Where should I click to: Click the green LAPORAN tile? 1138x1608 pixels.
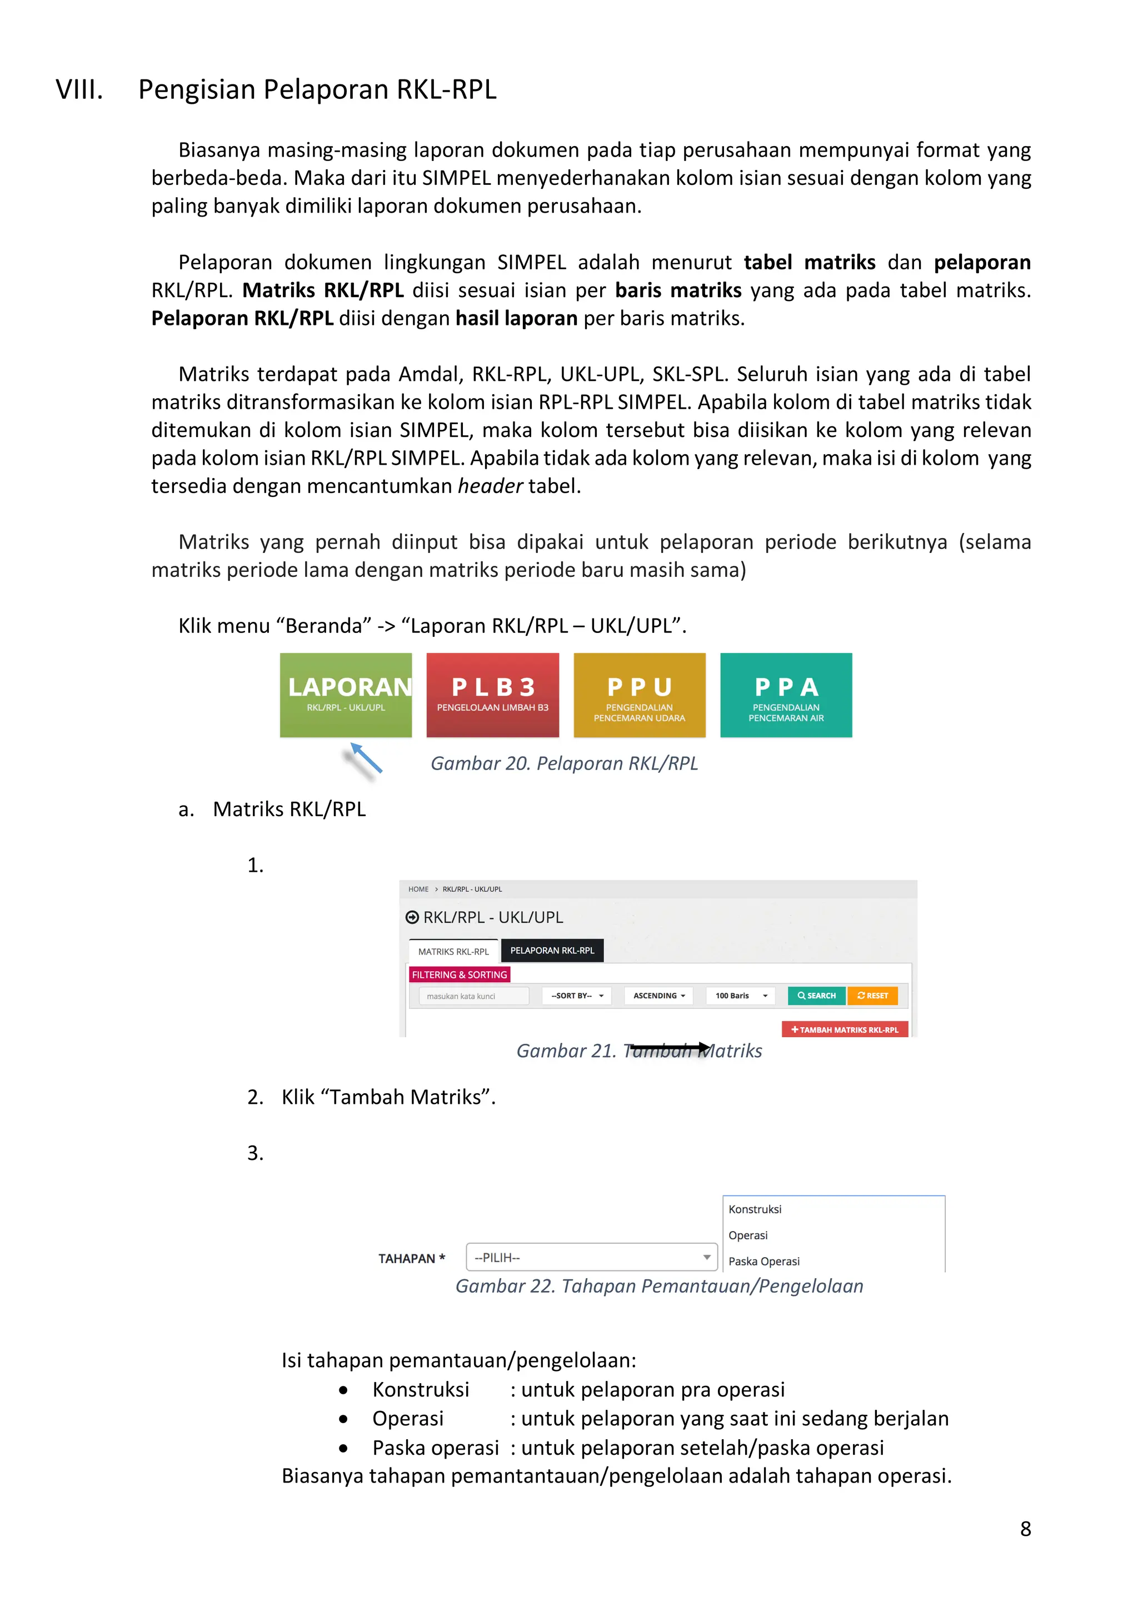(x=346, y=695)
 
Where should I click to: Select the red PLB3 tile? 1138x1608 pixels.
(x=493, y=695)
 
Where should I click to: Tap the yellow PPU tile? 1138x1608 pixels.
(x=639, y=695)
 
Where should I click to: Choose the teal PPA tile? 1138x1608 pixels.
(x=786, y=695)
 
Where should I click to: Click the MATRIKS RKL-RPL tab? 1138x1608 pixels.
(x=453, y=951)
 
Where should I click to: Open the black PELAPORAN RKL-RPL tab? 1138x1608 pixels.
(x=552, y=951)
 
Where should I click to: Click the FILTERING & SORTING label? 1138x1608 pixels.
(x=459, y=974)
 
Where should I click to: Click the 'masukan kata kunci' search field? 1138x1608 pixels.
(x=473, y=996)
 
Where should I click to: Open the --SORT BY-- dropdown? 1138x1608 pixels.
(x=577, y=996)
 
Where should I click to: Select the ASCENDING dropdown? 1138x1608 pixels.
(x=658, y=996)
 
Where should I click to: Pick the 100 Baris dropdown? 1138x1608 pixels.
(x=741, y=996)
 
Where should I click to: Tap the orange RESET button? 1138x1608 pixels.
(x=872, y=996)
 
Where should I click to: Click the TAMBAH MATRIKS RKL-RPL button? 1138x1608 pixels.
(x=845, y=1029)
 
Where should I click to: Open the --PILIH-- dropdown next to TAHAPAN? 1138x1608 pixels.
(x=591, y=1257)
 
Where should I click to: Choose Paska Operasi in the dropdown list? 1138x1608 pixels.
(x=764, y=1262)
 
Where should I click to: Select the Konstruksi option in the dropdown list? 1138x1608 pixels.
(x=755, y=1209)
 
